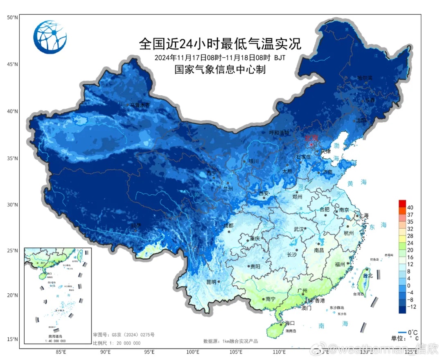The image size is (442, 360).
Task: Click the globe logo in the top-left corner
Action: pos(50,37)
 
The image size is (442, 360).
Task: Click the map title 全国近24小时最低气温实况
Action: pos(220,43)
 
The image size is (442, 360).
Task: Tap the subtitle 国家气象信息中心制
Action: pos(220,70)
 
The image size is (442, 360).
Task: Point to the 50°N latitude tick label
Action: pos(12,18)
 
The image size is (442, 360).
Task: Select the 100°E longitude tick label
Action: pos(193,352)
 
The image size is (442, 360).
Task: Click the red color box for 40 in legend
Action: pos(402,203)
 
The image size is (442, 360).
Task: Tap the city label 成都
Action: pos(228,225)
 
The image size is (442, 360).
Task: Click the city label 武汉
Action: pos(300,229)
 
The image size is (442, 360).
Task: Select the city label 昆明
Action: pos(211,282)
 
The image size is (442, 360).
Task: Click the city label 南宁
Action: pos(270,299)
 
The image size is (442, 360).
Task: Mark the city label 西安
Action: pos(264,193)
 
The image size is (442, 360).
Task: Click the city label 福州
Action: pos(340,264)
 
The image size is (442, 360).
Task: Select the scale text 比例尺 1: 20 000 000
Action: pos(117,343)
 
